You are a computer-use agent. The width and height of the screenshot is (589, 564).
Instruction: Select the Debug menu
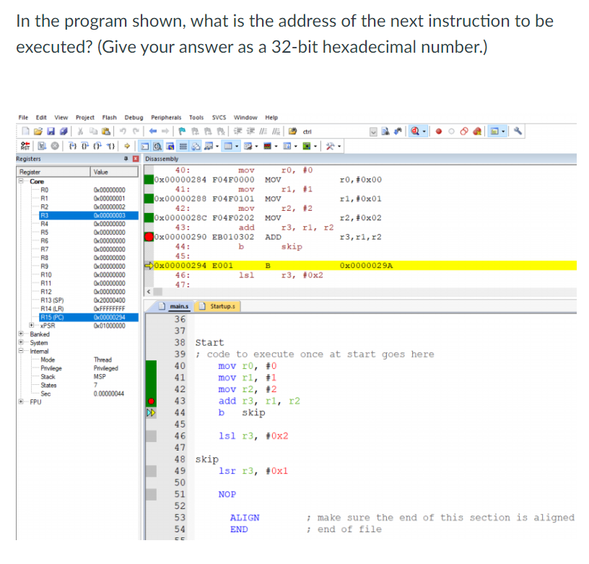[x=134, y=118]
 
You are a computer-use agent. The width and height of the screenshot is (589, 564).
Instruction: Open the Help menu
[x=271, y=118]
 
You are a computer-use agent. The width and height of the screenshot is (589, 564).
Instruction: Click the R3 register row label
[x=44, y=214]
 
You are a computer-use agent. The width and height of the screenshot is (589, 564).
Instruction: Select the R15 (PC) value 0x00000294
[x=109, y=316]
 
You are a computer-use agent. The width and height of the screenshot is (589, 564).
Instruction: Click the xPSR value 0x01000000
[x=109, y=325]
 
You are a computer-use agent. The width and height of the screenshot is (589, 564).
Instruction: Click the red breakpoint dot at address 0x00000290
[x=149, y=236]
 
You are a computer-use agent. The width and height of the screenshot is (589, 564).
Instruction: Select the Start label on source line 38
[x=210, y=342]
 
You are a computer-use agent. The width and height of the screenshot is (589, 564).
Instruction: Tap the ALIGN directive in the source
[x=244, y=517]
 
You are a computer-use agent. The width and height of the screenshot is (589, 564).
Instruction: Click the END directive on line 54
[x=238, y=529]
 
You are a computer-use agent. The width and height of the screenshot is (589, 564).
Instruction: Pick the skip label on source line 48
[x=207, y=459]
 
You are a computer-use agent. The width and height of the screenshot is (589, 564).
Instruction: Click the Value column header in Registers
[x=101, y=172]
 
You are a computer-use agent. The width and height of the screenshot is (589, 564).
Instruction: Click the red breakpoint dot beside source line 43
[x=152, y=401]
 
